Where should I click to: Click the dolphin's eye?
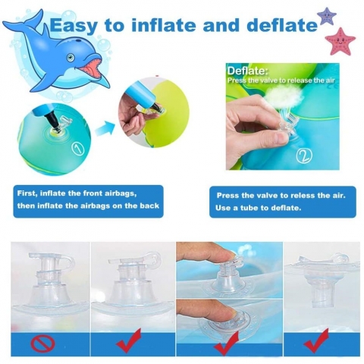(x=71, y=58)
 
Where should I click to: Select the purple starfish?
(x=327, y=16)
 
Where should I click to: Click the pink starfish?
(x=340, y=42)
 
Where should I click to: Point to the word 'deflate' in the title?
(x=282, y=25)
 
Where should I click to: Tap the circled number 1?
(x=77, y=149)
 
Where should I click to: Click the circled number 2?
(x=304, y=155)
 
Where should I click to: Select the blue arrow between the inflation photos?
(x=105, y=128)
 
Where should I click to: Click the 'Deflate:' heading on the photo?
(x=247, y=71)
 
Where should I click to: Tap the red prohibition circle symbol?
(x=42, y=344)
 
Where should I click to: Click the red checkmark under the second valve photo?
(x=129, y=340)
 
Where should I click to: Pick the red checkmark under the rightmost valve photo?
(x=316, y=340)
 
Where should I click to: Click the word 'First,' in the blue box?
(x=27, y=194)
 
